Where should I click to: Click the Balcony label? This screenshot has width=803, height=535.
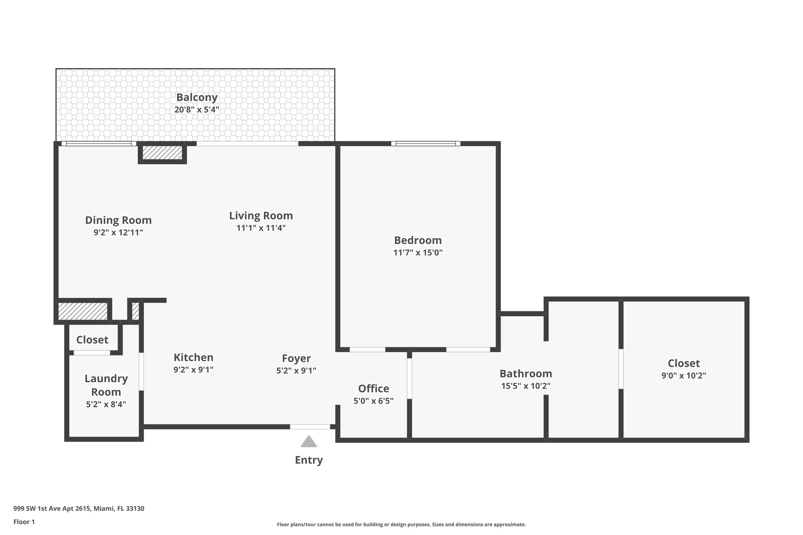pos(196,97)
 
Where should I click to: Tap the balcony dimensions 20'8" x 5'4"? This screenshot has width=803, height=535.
pos(196,110)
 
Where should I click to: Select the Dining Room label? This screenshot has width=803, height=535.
pos(118,220)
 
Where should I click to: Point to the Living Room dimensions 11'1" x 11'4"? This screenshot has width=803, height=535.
pos(261,228)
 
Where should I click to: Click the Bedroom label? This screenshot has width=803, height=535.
pos(418,240)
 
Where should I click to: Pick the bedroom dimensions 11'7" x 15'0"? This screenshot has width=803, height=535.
pos(418,253)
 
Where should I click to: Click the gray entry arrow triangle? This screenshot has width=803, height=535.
pos(309,442)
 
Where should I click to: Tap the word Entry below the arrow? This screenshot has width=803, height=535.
pos(309,460)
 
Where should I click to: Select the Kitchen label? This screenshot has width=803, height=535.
pos(193,357)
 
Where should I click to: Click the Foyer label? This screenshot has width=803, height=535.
pos(296,358)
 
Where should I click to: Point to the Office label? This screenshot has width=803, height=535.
pos(373,388)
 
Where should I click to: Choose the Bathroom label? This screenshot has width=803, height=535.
pos(525,374)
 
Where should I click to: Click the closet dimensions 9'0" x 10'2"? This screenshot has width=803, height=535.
pos(683,375)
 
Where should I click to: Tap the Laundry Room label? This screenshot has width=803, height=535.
pos(106,385)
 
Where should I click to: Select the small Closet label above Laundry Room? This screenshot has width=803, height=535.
pos(92,340)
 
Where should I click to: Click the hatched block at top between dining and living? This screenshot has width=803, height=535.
pos(162,153)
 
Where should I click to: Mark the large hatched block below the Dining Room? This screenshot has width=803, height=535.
pos(82,311)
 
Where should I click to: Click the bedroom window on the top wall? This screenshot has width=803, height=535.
pos(425,143)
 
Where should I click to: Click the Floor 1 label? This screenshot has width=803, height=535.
pos(24,522)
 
